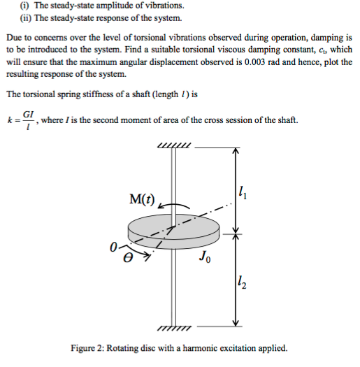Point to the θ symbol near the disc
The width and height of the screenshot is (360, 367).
point(128,257)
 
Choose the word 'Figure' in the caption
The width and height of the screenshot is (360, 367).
point(86,348)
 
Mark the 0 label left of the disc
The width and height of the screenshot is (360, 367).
point(113,247)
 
